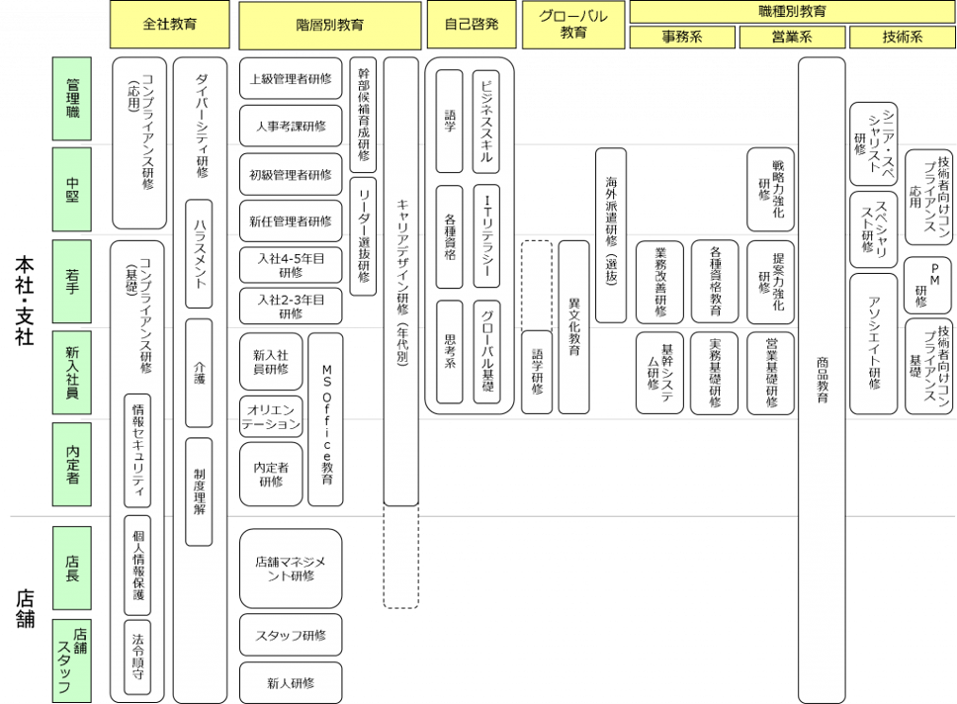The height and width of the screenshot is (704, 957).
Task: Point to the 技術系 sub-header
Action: click(x=900, y=38)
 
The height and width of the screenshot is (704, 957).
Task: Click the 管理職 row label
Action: click(x=72, y=98)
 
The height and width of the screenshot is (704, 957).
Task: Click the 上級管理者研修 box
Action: click(x=290, y=78)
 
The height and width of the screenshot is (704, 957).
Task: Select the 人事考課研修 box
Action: click(x=290, y=126)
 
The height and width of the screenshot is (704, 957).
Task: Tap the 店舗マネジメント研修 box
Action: click(x=290, y=568)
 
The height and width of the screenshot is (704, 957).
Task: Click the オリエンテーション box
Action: click(x=270, y=416)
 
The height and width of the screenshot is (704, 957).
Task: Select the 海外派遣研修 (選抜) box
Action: click(x=610, y=234)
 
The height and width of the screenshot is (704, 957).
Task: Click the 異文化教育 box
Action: click(x=573, y=326)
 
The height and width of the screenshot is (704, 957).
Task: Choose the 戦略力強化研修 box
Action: click(x=770, y=188)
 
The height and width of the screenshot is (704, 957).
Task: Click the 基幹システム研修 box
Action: click(x=659, y=372)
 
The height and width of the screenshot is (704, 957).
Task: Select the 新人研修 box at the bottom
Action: click(x=290, y=682)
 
